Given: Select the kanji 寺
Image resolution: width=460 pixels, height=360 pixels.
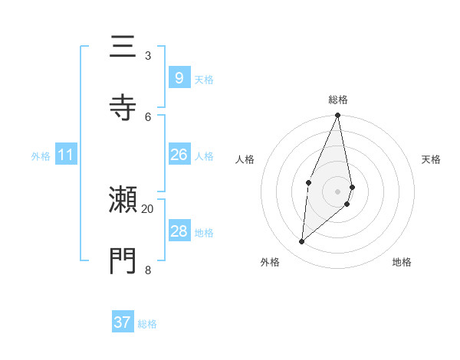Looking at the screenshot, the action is coord(123,107).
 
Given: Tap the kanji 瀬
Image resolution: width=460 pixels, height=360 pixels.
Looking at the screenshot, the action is coord(123,201).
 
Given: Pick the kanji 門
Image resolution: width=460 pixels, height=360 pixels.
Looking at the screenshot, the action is coord(123,261).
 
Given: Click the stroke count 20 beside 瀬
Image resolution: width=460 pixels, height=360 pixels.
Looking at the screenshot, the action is coord(148,208).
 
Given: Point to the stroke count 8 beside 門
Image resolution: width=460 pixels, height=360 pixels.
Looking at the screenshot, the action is coord(148,269).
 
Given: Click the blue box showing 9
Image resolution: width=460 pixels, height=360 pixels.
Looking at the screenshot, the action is coord(179,77).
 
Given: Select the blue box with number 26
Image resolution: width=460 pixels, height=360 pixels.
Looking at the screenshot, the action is coord(179,155).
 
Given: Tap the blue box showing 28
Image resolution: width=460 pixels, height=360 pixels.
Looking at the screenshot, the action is coord(179,231).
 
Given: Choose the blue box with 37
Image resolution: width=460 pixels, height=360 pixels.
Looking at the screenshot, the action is coord(122,322).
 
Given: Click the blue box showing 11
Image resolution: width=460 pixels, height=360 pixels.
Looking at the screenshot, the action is coord(65,155).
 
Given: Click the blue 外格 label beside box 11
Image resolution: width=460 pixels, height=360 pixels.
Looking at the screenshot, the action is coord(41,156).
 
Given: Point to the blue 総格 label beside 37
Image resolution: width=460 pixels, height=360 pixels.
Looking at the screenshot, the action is coord(147,324).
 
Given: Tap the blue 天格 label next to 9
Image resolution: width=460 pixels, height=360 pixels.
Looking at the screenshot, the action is coord(204,79).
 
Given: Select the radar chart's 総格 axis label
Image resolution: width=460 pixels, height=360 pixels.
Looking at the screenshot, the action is coord(338,100).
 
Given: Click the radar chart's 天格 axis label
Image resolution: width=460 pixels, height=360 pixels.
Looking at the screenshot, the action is coord(431,159).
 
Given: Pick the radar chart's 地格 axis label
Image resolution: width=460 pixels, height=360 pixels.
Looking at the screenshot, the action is coord(402,262).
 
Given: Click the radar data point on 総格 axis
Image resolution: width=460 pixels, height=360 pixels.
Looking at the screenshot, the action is coord(338,116).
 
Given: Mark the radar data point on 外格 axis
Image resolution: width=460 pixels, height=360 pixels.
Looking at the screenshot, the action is coord(302,242).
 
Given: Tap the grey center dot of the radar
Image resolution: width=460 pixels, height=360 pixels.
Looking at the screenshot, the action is coord(338,191).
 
